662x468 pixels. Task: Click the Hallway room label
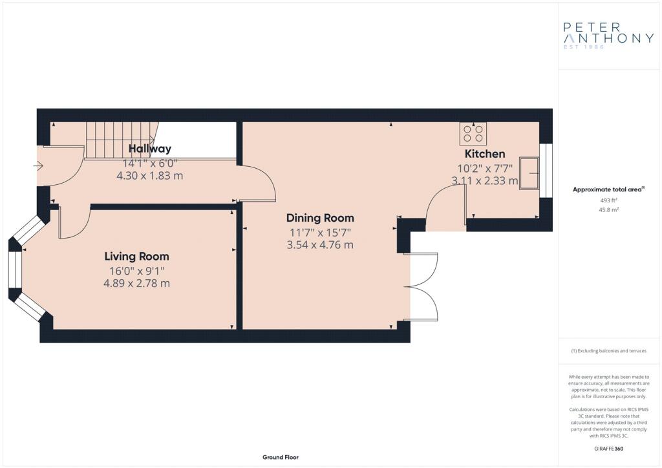pyautogui.click(x=150, y=149)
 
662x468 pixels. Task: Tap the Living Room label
pyautogui.click(x=137, y=256)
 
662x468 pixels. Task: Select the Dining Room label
pyautogui.click(x=320, y=218)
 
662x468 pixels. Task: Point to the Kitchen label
pyautogui.click(x=485, y=154)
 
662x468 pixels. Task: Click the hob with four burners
pyautogui.click(x=473, y=133)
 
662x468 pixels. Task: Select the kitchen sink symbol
pyautogui.click(x=529, y=173)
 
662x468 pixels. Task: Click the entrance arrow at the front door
pyautogui.click(x=38, y=166)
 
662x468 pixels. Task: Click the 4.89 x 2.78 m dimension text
pyautogui.click(x=137, y=283)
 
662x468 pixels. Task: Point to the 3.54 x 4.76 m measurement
pyautogui.click(x=320, y=245)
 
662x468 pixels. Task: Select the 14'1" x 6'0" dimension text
pyautogui.click(x=150, y=164)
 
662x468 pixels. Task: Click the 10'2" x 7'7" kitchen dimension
pyautogui.click(x=485, y=168)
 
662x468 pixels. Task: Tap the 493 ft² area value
pyautogui.click(x=609, y=200)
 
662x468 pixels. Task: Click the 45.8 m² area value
pyautogui.click(x=609, y=209)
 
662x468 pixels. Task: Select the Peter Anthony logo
pyautogui.click(x=608, y=36)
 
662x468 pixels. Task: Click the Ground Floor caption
pyautogui.click(x=281, y=457)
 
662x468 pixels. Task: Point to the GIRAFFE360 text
pyautogui.click(x=608, y=449)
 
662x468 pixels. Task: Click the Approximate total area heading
pyautogui.click(x=608, y=189)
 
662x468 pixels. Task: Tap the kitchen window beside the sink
pyautogui.click(x=546, y=171)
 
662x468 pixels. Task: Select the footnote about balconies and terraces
pyautogui.click(x=608, y=351)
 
